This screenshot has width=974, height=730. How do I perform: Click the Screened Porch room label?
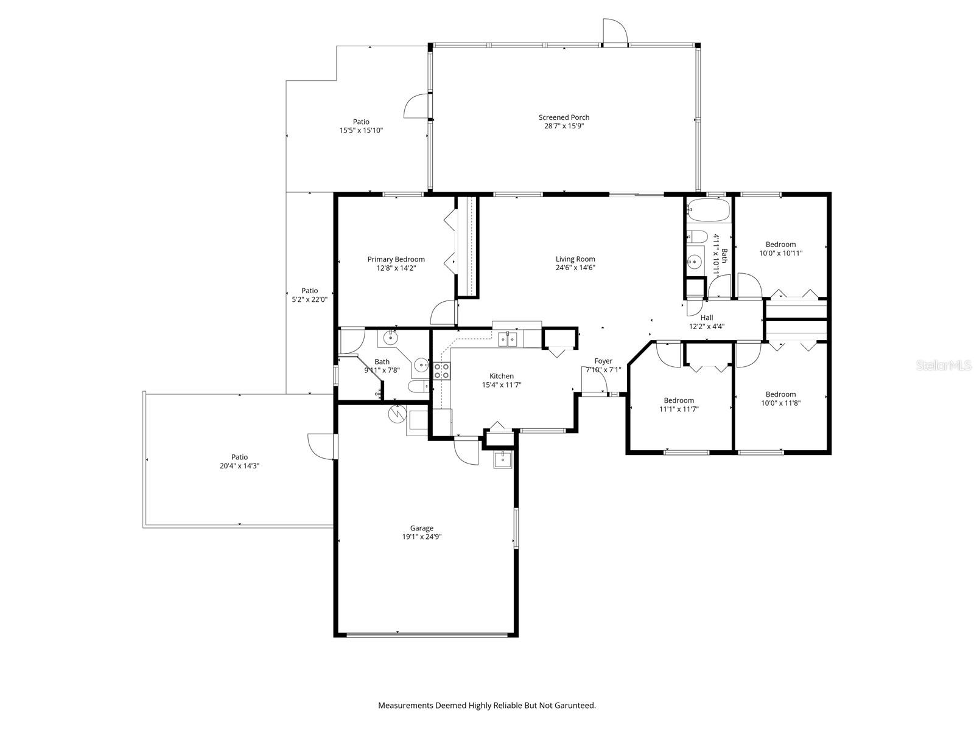pyautogui.click(x=564, y=117)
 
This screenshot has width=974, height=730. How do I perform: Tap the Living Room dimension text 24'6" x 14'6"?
pyautogui.click(x=575, y=268)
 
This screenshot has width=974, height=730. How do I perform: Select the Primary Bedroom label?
pyautogui.click(x=396, y=259)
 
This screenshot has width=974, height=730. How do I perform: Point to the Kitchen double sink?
pyautogui.click(x=507, y=339)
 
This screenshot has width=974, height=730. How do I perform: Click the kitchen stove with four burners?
pyautogui.click(x=441, y=371)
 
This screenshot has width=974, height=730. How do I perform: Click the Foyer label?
pyautogui.click(x=603, y=361)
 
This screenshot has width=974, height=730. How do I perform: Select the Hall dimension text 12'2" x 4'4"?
pyautogui.click(x=706, y=327)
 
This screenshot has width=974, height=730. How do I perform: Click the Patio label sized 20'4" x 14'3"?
pyautogui.click(x=239, y=457)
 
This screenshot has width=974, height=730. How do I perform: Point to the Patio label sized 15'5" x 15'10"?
pyautogui.click(x=361, y=122)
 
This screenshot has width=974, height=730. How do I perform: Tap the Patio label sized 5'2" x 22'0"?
pyautogui.click(x=310, y=291)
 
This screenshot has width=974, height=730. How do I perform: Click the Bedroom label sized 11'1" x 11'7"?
pyautogui.click(x=679, y=400)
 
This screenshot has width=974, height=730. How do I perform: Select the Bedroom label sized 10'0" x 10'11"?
pyautogui.click(x=780, y=245)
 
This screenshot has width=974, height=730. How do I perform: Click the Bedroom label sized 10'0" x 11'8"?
pyautogui.click(x=780, y=394)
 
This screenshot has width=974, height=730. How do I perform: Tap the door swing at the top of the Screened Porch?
pyautogui.click(x=614, y=30)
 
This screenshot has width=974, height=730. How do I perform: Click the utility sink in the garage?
pyautogui.click(x=503, y=459)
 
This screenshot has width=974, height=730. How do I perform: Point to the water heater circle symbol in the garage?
pyautogui.click(x=396, y=414)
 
